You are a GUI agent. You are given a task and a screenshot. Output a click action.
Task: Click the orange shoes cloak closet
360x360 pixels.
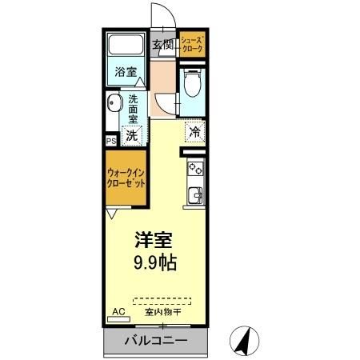[192, 44]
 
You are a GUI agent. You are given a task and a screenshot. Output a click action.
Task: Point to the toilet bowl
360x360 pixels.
[191, 82]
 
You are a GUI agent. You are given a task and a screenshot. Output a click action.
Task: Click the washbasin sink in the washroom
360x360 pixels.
[115, 103]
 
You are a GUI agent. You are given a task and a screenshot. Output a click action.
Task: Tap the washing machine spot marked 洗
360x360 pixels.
[130, 136]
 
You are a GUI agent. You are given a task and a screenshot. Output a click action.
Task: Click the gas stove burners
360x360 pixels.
[194, 169]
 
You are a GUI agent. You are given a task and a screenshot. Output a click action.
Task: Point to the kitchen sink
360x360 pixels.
[194, 194]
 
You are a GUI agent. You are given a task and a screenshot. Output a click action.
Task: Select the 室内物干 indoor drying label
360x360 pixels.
[162, 312]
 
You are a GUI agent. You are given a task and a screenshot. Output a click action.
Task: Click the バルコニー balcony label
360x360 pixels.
[156, 341]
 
